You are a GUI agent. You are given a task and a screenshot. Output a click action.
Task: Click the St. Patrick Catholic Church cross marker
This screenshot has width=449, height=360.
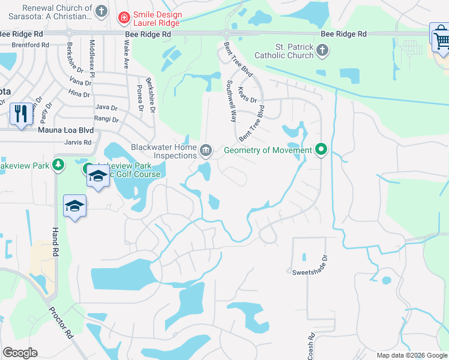[322, 50]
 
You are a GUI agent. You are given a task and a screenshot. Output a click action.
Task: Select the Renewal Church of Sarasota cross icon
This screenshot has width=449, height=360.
[101, 11]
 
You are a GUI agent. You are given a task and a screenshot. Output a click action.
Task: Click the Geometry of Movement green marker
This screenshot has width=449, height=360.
[321, 149]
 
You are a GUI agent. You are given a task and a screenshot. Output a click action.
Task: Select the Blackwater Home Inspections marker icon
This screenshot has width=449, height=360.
[206, 149]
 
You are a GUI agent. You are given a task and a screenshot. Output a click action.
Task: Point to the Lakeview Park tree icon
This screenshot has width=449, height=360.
[58, 164]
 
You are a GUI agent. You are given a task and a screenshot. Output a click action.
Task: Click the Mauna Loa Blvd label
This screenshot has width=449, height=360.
[67, 130]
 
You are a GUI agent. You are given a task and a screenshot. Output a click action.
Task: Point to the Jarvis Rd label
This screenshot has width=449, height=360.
[79, 142]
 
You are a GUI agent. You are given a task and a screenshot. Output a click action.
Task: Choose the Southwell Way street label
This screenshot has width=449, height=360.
[231, 101]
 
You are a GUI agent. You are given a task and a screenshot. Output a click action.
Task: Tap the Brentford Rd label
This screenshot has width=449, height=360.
[30, 45]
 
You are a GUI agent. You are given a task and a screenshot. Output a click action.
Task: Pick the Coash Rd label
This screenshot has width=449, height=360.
[311, 347]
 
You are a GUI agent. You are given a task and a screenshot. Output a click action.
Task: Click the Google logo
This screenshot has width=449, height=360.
[20, 353]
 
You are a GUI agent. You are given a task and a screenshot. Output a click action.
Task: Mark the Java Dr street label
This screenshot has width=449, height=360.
[106, 107]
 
